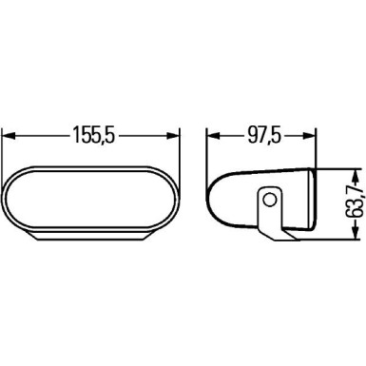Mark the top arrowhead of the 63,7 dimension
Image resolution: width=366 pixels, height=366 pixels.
[x=354, y=175]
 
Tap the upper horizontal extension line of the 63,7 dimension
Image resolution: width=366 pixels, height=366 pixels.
[x=337, y=171]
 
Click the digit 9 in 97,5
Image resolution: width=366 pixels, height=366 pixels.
[x=252, y=136]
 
